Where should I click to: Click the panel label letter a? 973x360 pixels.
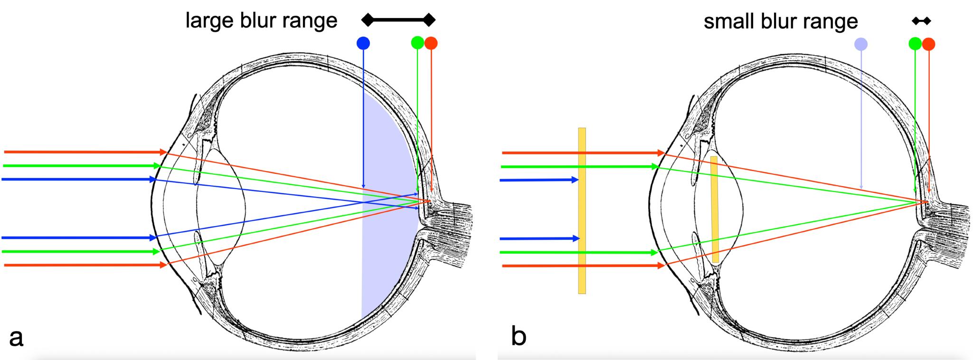click(x=16, y=338)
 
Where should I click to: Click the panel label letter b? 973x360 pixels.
click(x=519, y=337)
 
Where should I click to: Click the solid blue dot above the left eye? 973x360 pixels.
click(x=363, y=44)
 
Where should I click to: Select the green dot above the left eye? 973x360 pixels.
click(x=417, y=43)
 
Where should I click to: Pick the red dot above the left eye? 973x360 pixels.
click(x=431, y=43)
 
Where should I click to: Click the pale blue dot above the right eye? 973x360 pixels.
click(x=861, y=45)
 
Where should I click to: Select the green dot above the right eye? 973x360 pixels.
click(x=915, y=44)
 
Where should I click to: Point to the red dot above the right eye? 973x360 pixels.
click(x=928, y=45)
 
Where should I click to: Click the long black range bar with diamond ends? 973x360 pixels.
click(x=398, y=20)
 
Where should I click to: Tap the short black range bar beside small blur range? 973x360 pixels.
click(x=922, y=21)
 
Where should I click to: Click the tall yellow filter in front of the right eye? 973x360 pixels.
click(x=582, y=210)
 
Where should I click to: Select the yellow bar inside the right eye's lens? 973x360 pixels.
click(x=714, y=209)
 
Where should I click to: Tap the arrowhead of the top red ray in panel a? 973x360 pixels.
click(x=162, y=152)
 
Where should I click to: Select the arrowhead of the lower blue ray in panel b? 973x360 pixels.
click(x=576, y=238)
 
